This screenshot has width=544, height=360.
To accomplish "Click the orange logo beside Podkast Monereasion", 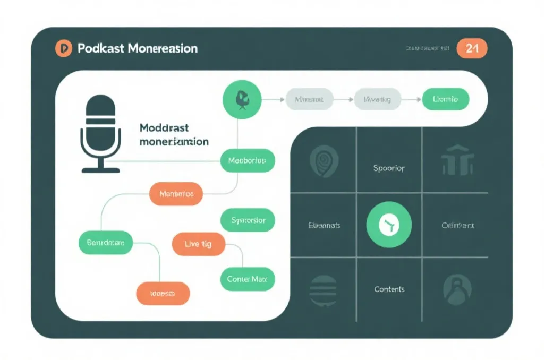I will coord(63,48).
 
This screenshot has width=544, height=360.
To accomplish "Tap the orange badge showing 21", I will coord(472,48).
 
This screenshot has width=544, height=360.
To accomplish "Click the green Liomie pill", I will coord(445,99).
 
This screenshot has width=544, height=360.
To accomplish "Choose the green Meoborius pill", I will coord(248,160).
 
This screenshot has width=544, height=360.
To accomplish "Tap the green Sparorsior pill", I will coord(248,220).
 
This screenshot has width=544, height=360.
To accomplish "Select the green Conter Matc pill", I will coord(247,279).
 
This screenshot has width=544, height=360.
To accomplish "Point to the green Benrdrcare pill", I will coord(106,243).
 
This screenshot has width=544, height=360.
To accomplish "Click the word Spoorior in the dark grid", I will coord(389,168).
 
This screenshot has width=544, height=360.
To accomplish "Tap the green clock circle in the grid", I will coord(389,226).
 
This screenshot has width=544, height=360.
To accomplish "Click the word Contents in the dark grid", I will coord(389,289).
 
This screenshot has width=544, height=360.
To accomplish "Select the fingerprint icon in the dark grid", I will coord(323,160).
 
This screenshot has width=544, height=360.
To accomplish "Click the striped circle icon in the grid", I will coord(324,290).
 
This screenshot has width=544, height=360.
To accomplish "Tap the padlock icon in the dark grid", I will coord(457,289).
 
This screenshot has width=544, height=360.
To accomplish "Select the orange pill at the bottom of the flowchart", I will coord(163,293).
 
